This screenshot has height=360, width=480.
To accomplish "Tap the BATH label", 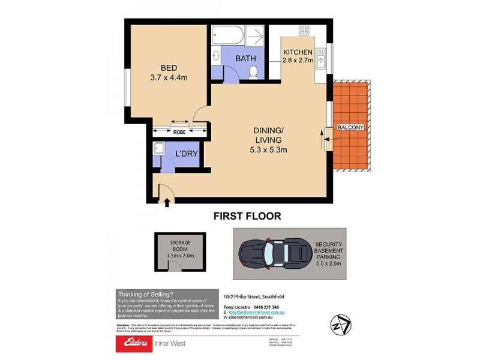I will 245,58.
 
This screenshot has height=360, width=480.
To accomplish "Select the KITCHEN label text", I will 298,52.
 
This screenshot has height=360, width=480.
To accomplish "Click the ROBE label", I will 179,131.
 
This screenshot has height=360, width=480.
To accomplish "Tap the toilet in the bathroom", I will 253,73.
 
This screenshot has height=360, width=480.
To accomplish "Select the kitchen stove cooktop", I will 304,31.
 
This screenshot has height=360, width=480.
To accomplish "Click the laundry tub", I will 160,148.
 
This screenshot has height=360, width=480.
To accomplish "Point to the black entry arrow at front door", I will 166,203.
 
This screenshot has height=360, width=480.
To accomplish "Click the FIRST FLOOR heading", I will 248,216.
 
